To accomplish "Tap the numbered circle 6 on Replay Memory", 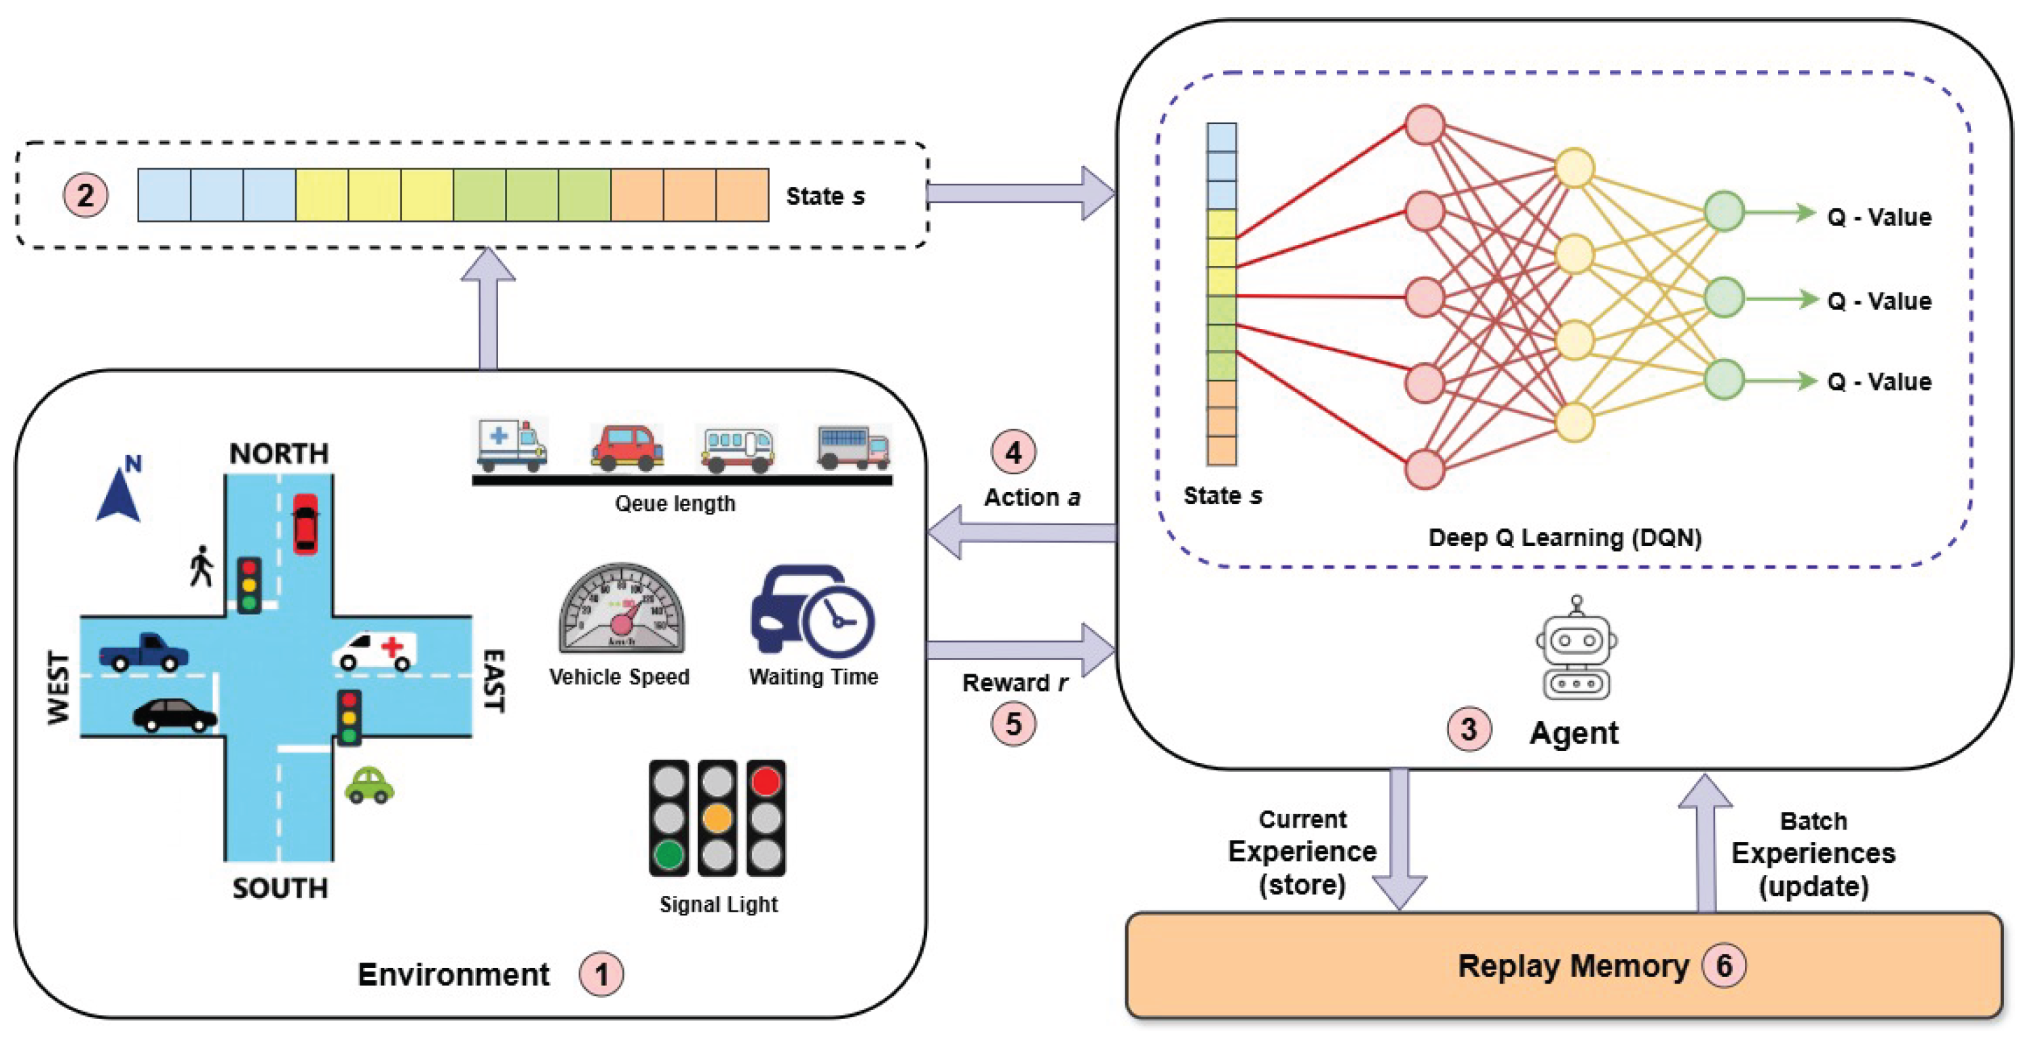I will [1724, 965].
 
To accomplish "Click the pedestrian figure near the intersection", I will [202, 566].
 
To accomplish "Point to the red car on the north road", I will [305, 522].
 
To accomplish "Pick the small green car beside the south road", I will [369, 786].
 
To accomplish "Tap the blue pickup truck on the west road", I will [144, 652].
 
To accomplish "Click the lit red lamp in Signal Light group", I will [765, 781].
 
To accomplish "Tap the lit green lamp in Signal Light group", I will [668, 855].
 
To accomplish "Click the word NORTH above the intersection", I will [279, 453].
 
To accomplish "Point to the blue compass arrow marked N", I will [119, 493].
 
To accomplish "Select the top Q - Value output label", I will [1879, 217].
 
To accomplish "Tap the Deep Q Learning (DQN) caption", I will [1564, 537].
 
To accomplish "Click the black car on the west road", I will [174, 716].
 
